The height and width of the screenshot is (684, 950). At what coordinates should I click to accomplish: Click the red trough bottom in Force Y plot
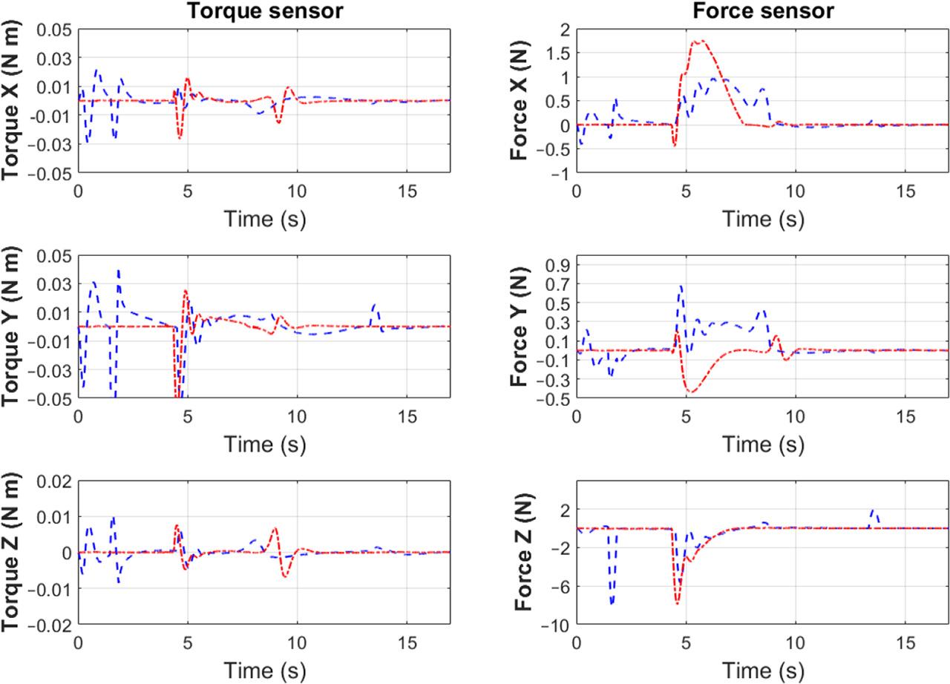point(692,391)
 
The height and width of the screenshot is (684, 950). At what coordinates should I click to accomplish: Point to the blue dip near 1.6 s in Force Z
point(612,603)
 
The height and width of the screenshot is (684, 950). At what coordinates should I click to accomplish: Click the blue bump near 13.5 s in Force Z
point(874,510)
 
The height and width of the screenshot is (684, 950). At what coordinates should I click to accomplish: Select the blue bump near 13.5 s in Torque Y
point(375,304)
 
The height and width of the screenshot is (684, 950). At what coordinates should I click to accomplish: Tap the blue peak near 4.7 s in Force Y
point(681,286)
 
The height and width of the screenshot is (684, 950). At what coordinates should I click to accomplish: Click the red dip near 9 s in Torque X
point(279,122)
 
